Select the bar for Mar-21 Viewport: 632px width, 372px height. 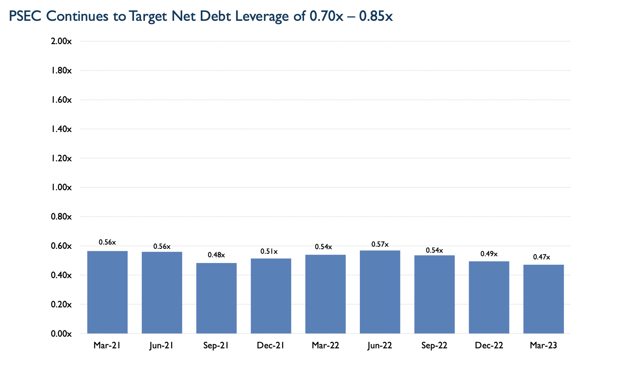click(107, 292)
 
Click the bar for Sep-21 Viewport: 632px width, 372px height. click(216, 298)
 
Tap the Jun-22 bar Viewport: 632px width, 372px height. click(380, 292)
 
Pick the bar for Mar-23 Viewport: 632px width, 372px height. click(543, 299)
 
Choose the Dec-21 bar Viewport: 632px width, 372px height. click(271, 296)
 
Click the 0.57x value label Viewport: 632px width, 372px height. click(380, 244)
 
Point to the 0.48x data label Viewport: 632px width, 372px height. click(216, 255)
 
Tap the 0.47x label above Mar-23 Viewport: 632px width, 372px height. click(542, 257)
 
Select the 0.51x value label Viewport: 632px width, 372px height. click(269, 252)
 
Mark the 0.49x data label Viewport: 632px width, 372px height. click(489, 254)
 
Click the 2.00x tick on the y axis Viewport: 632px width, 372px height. click(62, 42)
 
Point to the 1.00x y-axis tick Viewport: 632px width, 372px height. click(62, 187)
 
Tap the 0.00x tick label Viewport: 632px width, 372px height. click(62, 334)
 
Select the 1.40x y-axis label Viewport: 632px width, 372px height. click(62, 129)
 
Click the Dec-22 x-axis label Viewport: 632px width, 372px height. click(489, 346)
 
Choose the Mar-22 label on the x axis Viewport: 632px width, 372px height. click(325, 346)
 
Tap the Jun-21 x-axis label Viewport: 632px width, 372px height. click(161, 346)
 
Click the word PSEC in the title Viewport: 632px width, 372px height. click(25, 17)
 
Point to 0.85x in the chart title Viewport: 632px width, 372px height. click(376, 17)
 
